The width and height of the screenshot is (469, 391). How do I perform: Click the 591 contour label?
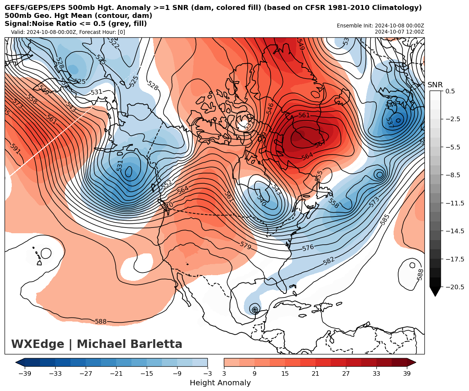(x=15, y=149)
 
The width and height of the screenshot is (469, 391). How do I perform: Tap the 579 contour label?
(x=245, y=245)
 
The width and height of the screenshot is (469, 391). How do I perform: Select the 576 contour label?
(x=308, y=248)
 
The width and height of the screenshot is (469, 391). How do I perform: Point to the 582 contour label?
(x=328, y=261)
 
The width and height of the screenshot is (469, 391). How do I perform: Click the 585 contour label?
(x=385, y=219)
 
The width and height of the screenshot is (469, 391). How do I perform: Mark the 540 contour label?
(x=261, y=200)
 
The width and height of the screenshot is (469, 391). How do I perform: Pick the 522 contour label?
(x=114, y=43)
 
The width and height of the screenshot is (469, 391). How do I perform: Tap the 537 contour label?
(x=389, y=122)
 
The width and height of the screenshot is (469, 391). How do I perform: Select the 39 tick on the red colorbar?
(x=407, y=374)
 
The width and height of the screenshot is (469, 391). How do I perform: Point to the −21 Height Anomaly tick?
(x=116, y=374)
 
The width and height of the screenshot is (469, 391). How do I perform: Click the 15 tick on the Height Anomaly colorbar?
(x=285, y=374)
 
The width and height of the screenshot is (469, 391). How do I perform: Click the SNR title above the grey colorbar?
(x=435, y=85)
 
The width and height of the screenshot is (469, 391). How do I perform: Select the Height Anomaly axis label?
(x=220, y=383)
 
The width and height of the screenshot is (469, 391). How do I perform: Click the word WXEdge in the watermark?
(x=37, y=344)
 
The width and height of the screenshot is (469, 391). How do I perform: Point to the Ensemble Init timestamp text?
(x=380, y=26)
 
